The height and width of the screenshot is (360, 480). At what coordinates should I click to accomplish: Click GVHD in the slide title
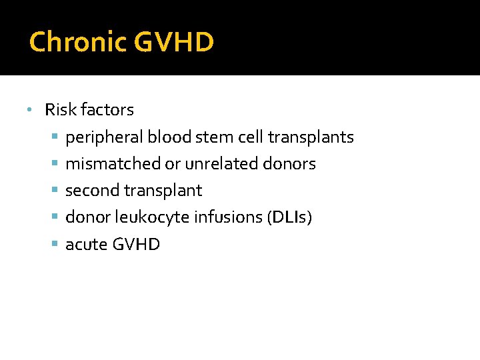click(x=174, y=42)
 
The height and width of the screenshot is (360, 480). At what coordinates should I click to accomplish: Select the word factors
click(x=108, y=109)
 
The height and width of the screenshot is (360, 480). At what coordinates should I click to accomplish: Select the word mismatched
click(x=113, y=164)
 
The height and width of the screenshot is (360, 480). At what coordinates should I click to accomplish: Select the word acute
click(x=86, y=245)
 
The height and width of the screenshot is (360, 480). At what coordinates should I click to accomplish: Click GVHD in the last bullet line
click(x=136, y=244)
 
